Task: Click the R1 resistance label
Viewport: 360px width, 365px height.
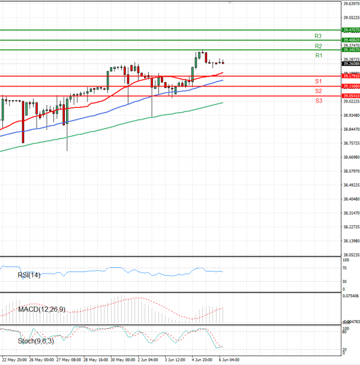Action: (x=319, y=56)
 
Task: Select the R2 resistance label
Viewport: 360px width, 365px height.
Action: (x=319, y=46)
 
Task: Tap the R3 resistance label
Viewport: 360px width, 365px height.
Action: (x=319, y=36)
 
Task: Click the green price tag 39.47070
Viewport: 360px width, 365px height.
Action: (x=350, y=29)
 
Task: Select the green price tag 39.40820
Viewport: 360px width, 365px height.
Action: (x=350, y=40)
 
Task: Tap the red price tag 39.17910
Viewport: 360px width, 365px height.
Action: (x=350, y=76)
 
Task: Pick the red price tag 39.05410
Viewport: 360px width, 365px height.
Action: (x=350, y=96)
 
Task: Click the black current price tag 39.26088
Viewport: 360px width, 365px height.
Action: (x=350, y=63)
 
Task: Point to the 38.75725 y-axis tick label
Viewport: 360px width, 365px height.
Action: (x=350, y=143)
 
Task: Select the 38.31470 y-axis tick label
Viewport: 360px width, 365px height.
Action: (x=350, y=213)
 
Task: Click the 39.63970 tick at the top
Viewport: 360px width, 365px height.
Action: (x=350, y=4)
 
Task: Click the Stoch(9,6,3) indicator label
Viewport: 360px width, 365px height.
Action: (x=35, y=342)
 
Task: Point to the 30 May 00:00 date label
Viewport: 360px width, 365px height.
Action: (x=122, y=361)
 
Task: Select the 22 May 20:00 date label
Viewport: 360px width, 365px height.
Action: (x=14, y=361)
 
